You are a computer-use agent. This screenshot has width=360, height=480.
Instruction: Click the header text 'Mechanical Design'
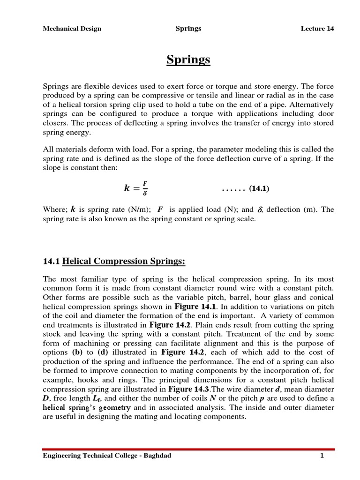click(72, 29)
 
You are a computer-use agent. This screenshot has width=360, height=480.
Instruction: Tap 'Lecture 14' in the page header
click(317, 29)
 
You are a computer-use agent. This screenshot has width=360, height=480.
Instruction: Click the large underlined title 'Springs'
click(188, 60)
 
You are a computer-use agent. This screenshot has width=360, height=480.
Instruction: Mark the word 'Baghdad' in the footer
click(157, 456)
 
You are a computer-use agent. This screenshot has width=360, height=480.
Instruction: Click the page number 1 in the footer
click(322, 456)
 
